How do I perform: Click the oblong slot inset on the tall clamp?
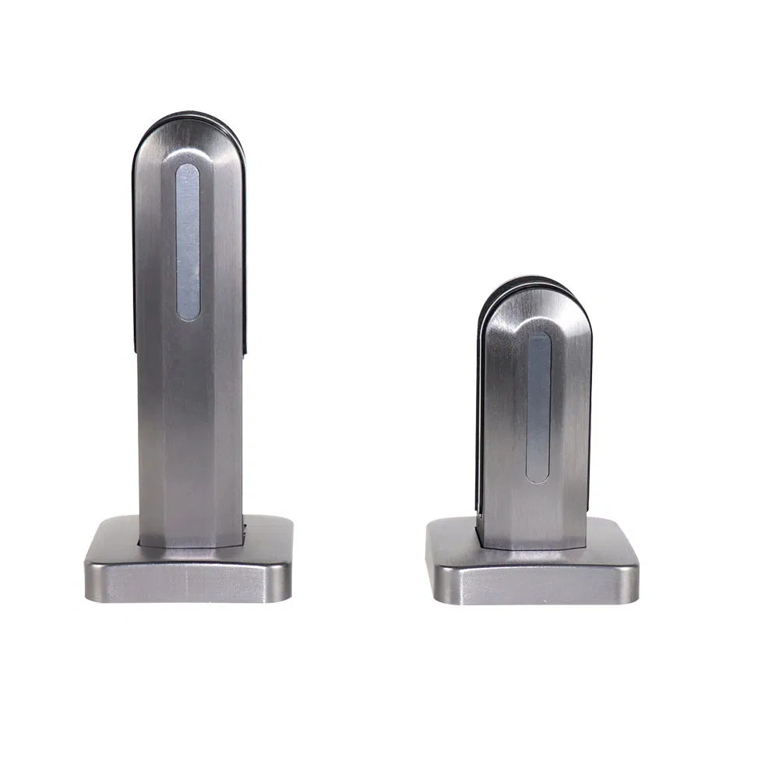tap(188, 241)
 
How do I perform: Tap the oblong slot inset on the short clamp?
tap(538, 407)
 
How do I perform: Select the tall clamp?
tap(189, 351)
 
